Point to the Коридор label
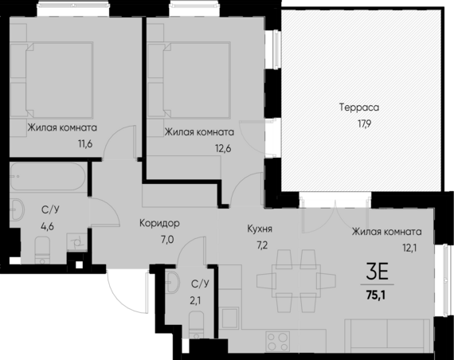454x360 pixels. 158,223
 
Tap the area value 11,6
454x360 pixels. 62,145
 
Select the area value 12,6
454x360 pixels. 198,147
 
